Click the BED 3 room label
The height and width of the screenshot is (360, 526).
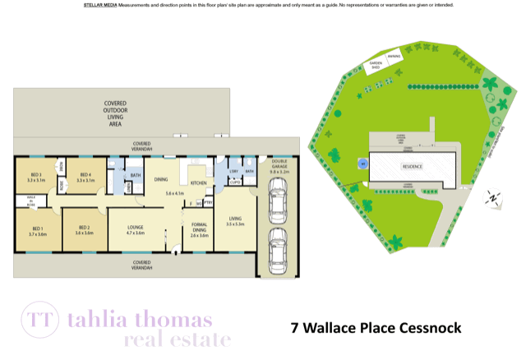35,176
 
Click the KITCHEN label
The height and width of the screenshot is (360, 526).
199,182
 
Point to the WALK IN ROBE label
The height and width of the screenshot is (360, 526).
30,201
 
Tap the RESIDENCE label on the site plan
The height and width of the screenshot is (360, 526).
412,166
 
